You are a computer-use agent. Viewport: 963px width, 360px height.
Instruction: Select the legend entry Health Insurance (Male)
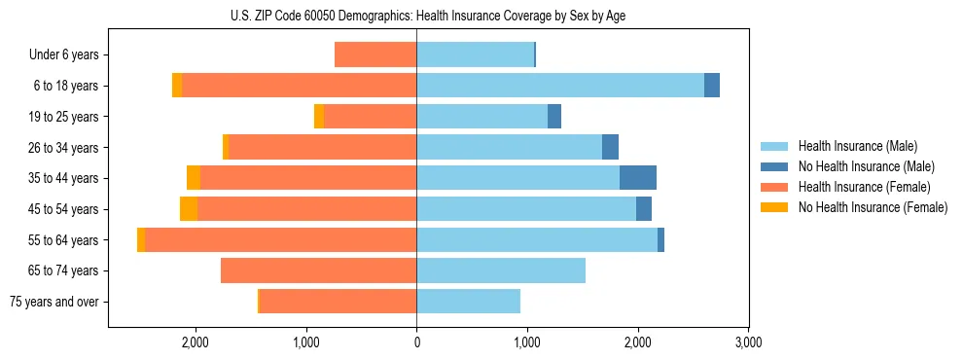tap(857, 147)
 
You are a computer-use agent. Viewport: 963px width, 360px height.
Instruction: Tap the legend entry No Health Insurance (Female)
tap(873, 207)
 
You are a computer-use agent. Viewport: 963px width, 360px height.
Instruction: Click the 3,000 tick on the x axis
tap(747, 342)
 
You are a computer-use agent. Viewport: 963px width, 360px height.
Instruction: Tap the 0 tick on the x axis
tap(416, 342)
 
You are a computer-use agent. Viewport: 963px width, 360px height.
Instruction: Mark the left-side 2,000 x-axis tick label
tap(196, 342)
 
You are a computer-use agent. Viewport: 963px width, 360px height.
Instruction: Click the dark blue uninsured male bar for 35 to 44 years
tap(637, 178)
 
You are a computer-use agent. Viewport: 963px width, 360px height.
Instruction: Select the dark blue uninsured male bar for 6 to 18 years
tap(712, 86)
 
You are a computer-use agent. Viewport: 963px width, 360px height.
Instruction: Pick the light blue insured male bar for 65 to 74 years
tap(501, 270)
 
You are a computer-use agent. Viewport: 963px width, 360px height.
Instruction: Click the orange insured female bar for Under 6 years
tap(375, 54)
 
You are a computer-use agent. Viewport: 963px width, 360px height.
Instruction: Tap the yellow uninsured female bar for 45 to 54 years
tap(189, 209)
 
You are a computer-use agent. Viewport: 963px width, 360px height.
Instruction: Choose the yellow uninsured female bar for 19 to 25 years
tap(319, 117)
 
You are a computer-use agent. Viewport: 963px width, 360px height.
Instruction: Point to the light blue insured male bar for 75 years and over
tap(468, 302)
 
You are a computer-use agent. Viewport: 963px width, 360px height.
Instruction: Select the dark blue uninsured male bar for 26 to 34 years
tap(610, 147)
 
